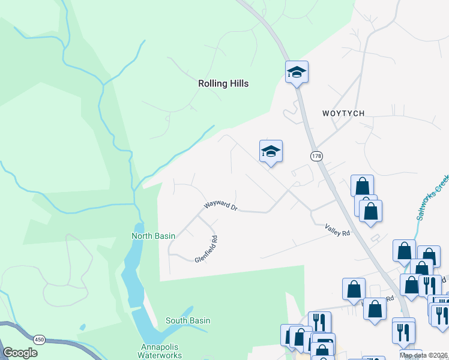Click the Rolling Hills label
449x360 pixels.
pyautogui.click(x=223, y=84)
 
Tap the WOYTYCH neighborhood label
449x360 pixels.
pyautogui.click(x=343, y=113)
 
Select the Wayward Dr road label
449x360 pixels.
pyautogui.click(x=221, y=206)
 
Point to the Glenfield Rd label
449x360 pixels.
pyautogui.click(x=206, y=249)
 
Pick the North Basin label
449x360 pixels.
pyautogui.click(x=153, y=236)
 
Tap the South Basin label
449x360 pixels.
pyautogui.click(x=188, y=320)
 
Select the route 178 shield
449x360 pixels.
pyautogui.click(x=317, y=156)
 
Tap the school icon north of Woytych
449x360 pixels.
pyautogui.click(x=297, y=73)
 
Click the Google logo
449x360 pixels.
pyautogui.click(x=20, y=353)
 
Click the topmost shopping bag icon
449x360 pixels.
pyautogui.click(x=362, y=185)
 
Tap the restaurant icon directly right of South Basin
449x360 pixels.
pyautogui.click(x=319, y=322)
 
